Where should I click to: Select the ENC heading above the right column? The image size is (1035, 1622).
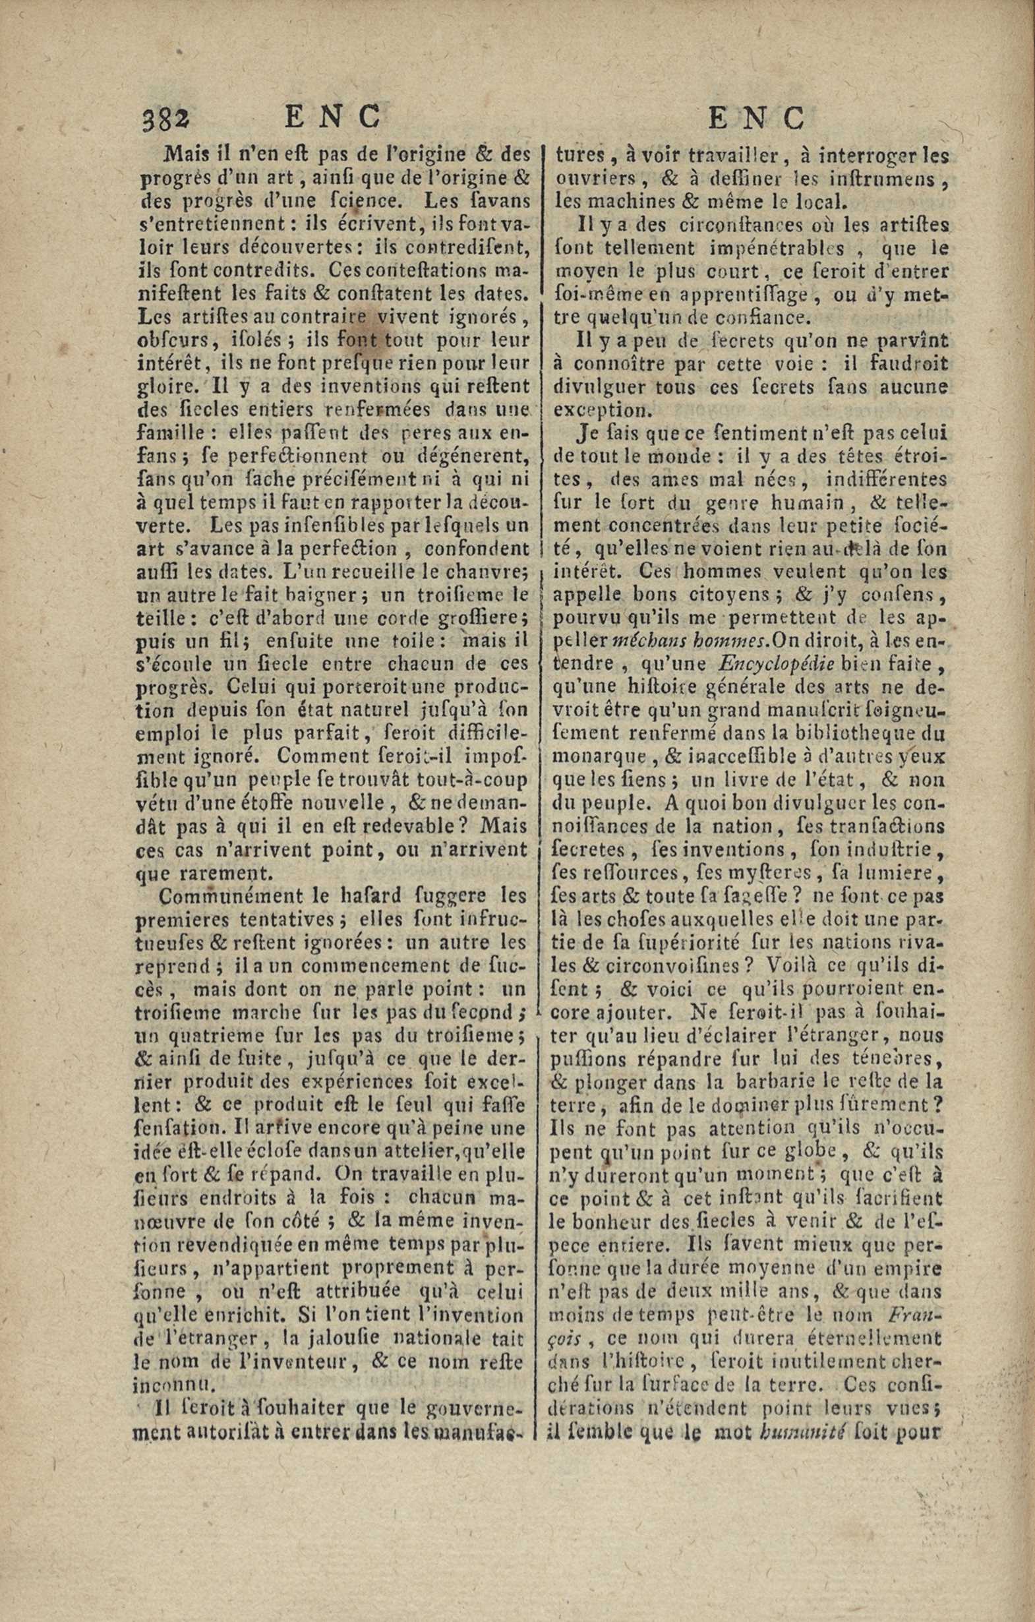pyautogui.click(x=757, y=118)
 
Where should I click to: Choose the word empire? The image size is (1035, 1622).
pyautogui.click(x=906, y=1267)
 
